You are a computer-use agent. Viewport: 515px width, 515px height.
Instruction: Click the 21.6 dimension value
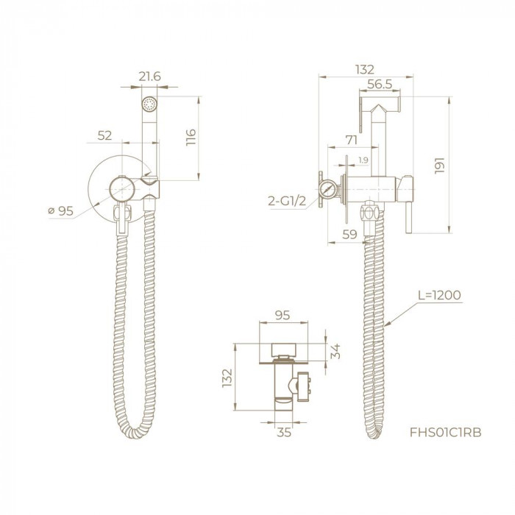point(149,77)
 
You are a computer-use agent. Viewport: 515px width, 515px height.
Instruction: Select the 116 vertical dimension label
point(191,137)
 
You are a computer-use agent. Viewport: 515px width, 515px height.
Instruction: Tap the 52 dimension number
point(104,135)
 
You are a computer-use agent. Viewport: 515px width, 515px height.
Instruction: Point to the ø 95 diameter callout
point(61,210)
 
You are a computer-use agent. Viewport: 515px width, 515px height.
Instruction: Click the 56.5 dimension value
point(380,84)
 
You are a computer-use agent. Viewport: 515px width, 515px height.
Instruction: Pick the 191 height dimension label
point(439,166)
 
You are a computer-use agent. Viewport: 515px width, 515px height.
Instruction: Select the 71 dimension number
point(352,141)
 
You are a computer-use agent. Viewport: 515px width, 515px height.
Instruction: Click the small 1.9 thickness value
point(363,160)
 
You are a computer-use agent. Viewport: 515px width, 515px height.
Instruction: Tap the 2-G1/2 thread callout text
point(287,201)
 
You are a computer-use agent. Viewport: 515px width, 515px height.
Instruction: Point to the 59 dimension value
point(349,235)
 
